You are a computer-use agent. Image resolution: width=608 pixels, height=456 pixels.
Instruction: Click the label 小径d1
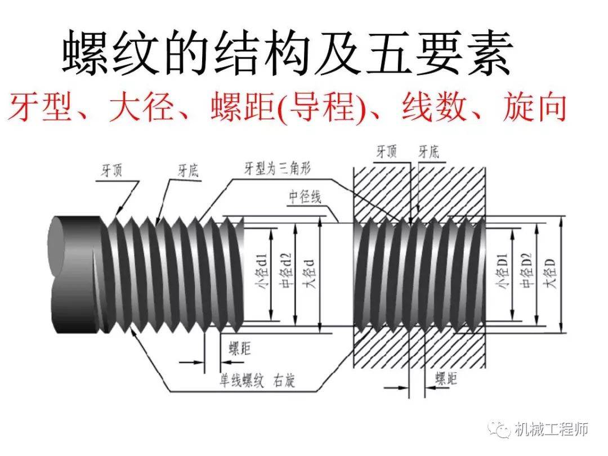click(262, 272)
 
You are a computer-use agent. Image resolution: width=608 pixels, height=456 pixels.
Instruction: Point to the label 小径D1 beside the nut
click(502, 271)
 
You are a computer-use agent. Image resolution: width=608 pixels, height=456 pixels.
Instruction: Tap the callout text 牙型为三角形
click(278, 169)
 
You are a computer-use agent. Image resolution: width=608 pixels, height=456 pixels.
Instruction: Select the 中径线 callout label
click(305, 196)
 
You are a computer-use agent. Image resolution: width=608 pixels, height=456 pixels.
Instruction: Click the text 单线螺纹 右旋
click(257, 381)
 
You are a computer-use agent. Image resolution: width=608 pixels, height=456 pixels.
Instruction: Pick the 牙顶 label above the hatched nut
click(387, 151)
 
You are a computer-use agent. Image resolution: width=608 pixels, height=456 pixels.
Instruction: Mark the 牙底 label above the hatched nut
click(429, 151)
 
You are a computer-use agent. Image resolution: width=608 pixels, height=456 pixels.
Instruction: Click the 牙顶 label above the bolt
click(111, 170)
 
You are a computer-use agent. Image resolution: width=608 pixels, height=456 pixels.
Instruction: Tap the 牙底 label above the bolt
click(189, 170)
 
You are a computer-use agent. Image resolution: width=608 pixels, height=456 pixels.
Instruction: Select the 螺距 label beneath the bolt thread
click(240, 348)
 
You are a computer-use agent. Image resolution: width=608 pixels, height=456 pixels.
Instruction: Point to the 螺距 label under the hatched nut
click(446, 378)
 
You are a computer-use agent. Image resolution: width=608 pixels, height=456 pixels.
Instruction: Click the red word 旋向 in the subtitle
click(535, 106)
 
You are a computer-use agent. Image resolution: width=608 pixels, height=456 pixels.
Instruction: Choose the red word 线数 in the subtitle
click(433, 106)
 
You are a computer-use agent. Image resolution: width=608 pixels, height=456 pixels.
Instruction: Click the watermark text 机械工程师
click(552, 429)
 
